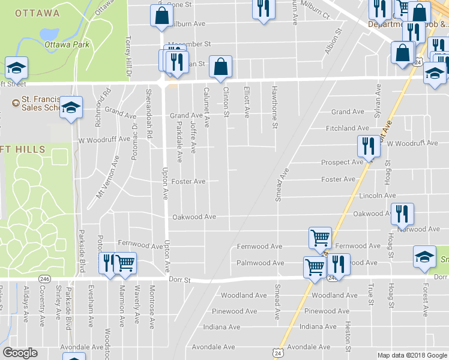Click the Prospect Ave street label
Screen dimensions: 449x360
click(x=342, y=162)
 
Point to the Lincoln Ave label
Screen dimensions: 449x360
click(x=377, y=196)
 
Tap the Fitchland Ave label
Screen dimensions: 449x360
click(x=347, y=128)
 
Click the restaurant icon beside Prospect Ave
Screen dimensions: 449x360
click(x=367, y=146)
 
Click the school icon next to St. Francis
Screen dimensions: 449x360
click(x=71, y=108)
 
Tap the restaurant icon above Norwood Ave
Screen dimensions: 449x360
click(x=402, y=214)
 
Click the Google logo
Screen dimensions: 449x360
click(x=20, y=353)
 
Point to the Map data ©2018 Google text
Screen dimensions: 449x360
click(x=412, y=355)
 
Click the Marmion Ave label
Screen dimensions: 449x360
click(x=122, y=314)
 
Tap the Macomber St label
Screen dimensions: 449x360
click(x=190, y=44)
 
